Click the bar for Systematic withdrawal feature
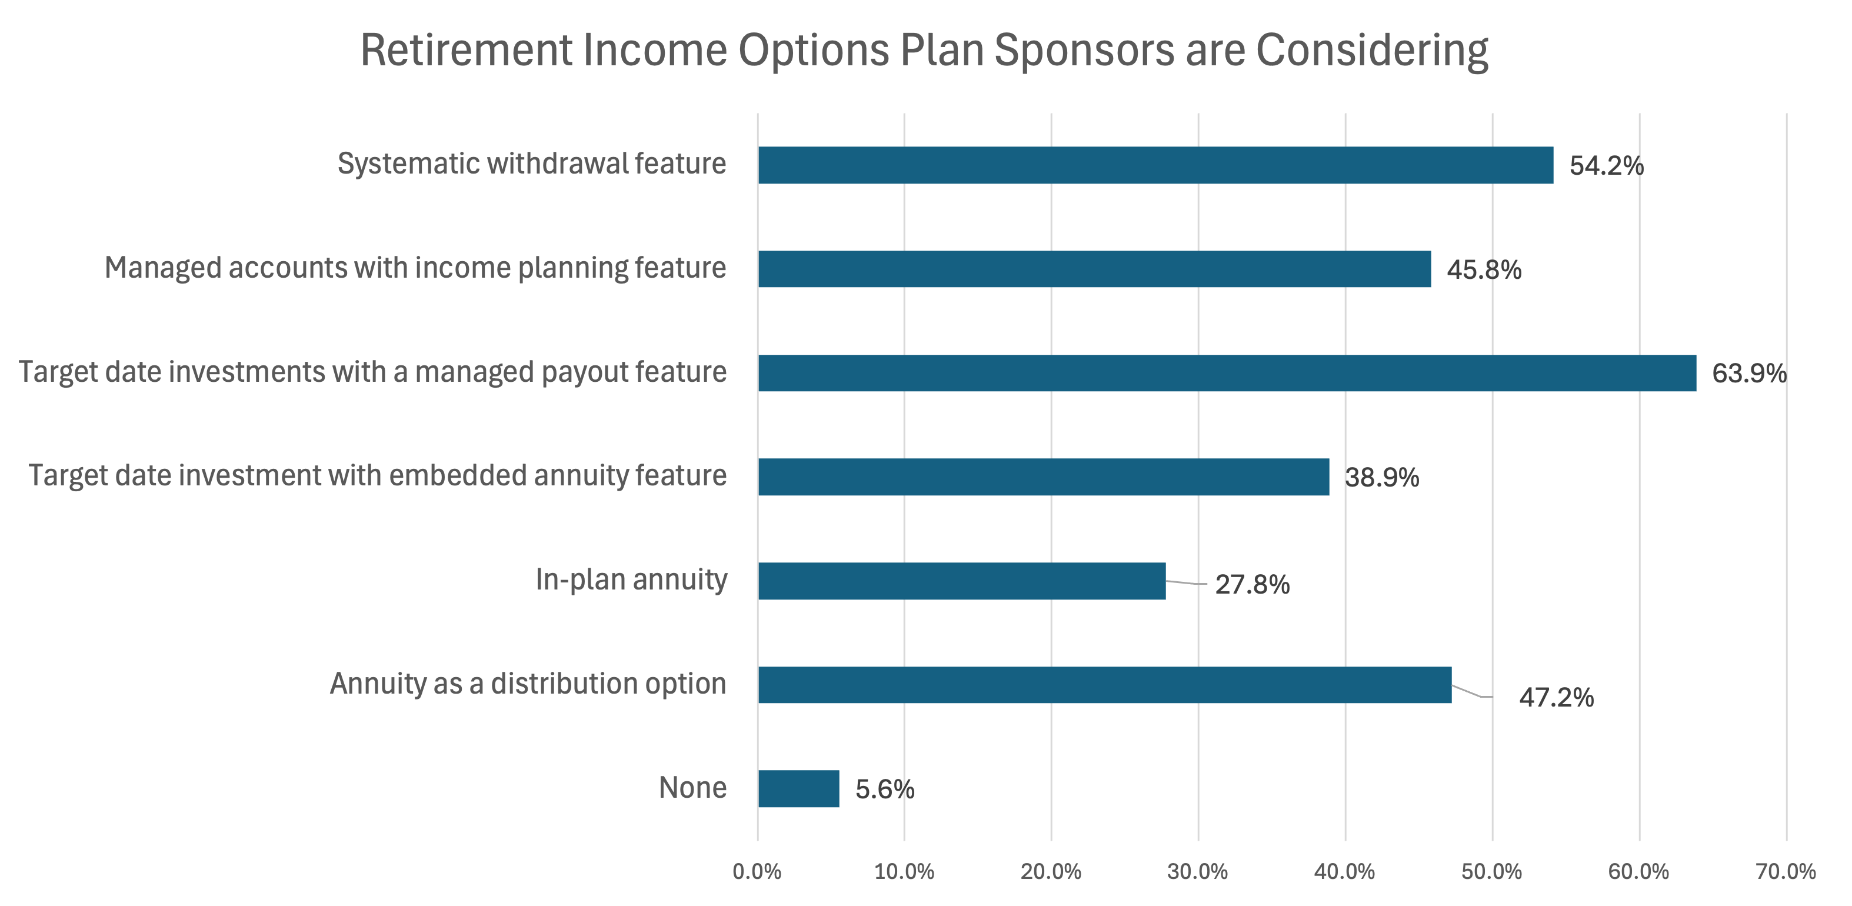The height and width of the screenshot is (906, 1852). (1155, 165)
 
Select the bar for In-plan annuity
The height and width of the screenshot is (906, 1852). (961, 581)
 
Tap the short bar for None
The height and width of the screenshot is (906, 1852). (798, 789)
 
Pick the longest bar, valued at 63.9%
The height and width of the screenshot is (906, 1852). (1227, 373)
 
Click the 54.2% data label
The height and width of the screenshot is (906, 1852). (1606, 166)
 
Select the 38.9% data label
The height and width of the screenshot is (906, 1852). (1382, 478)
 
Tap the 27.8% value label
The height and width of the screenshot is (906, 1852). (1252, 585)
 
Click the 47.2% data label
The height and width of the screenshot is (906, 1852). (1556, 698)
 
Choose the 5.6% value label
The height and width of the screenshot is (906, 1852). (884, 790)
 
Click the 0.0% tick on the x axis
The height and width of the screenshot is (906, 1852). (757, 871)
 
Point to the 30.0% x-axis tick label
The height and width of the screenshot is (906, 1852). (1198, 871)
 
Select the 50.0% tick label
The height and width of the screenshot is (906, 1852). (1492, 871)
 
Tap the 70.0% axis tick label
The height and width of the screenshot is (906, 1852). (1786, 871)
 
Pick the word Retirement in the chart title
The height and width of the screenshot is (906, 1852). (465, 51)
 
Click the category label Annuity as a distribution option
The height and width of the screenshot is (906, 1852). (528, 684)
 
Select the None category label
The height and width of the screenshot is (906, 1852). (692, 788)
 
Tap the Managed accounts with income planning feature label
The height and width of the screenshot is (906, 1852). (415, 268)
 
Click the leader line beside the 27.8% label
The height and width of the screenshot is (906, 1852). (1186, 583)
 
